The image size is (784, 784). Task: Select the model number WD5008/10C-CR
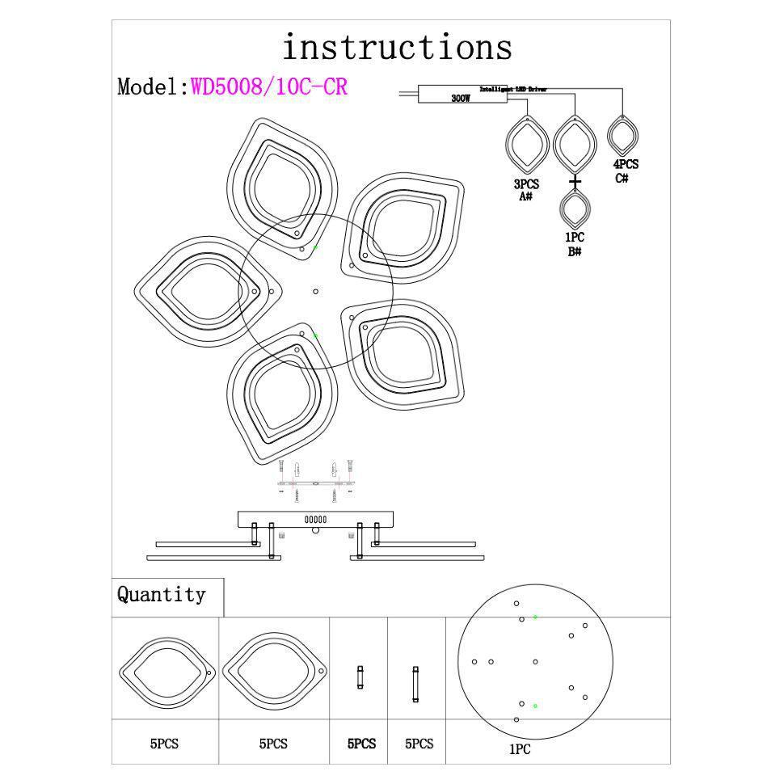[x=269, y=86]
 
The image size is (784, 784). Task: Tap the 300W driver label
[x=461, y=99]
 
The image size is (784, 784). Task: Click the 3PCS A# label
[x=526, y=190]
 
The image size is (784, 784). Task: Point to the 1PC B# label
[x=575, y=244]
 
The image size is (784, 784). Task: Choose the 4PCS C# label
[x=625, y=171]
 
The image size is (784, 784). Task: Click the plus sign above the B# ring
[x=575, y=182]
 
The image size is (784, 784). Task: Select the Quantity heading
[x=162, y=595]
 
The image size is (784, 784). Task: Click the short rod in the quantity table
[x=360, y=677]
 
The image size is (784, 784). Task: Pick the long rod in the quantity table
[x=415, y=684]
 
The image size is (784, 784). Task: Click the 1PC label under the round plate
[x=520, y=749]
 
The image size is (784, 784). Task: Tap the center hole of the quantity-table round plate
[x=536, y=662]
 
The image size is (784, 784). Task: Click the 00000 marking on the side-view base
[x=315, y=520]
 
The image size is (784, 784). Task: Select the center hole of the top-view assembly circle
[x=315, y=292]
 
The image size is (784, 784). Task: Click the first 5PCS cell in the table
[x=164, y=744]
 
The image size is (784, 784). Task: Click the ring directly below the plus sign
[x=575, y=210]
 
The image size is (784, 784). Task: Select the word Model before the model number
[x=149, y=87]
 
